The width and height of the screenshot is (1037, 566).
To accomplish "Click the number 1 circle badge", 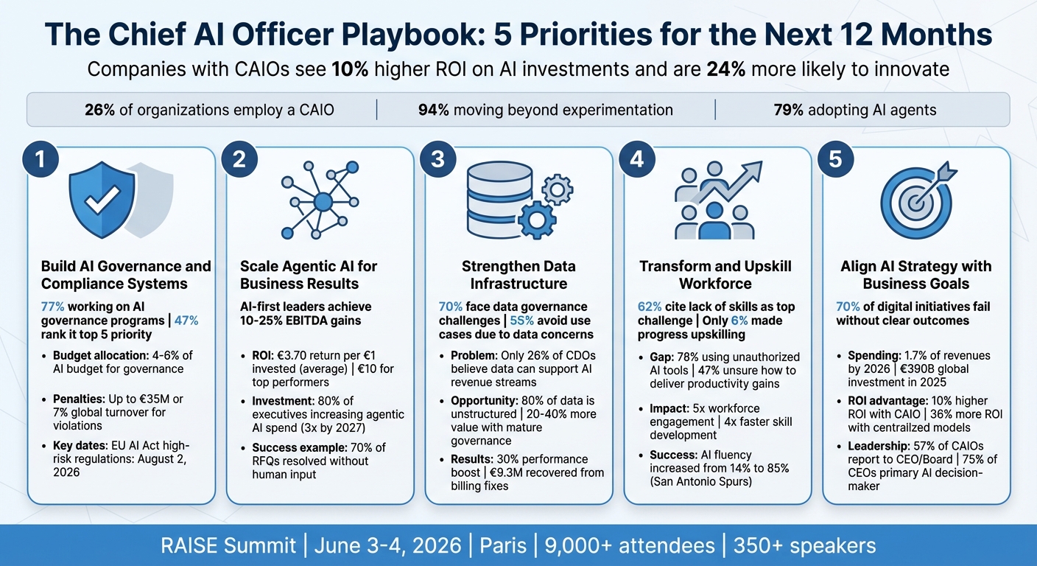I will click(40, 160).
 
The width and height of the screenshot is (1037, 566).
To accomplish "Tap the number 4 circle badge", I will click(638, 160).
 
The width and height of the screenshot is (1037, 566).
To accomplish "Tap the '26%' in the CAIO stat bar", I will click(99, 111).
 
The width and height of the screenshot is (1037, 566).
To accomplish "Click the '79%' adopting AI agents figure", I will click(788, 111).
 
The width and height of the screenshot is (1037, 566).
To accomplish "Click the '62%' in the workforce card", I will click(650, 307).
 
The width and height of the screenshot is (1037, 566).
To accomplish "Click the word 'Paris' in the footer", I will click(504, 546).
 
